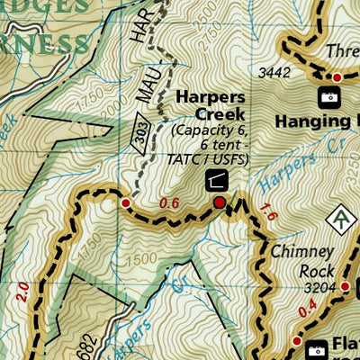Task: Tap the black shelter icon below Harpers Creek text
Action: pos(217,180)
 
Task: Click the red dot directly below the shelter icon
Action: pos(219,203)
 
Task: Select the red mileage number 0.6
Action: pos(169,203)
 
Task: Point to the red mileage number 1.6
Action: pos(265,212)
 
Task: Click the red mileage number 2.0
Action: pos(21,290)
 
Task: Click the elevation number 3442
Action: pos(274,73)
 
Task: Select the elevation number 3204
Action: pos(319,288)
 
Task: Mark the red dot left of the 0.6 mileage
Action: pos(125,203)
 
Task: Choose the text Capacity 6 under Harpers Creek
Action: pos(210,132)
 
